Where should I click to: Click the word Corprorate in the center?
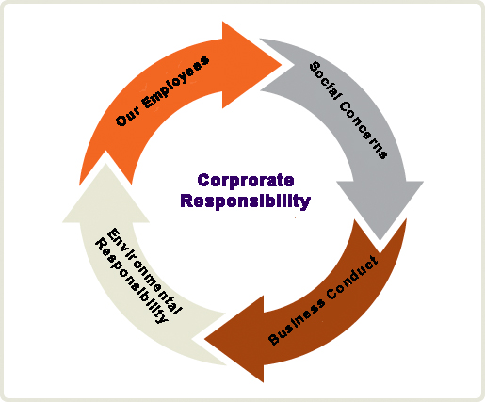(x=246, y=180)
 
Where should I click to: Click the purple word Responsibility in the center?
(x=246, y=201)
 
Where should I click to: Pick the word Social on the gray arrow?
(x=325, y=81)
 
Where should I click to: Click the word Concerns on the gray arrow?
(x=364, y=129)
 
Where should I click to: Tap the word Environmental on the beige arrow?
(x=144, y=271)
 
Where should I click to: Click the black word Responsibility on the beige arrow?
(x=132, y=281)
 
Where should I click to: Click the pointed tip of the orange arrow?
(x=282, y=65)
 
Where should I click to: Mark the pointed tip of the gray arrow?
(x=380, y=240)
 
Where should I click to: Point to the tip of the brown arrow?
(x=204, y=339)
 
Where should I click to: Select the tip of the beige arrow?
(x=105, y=164)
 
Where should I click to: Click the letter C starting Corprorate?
(x=203, y=181)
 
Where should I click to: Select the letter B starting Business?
(x=274, y=339)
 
